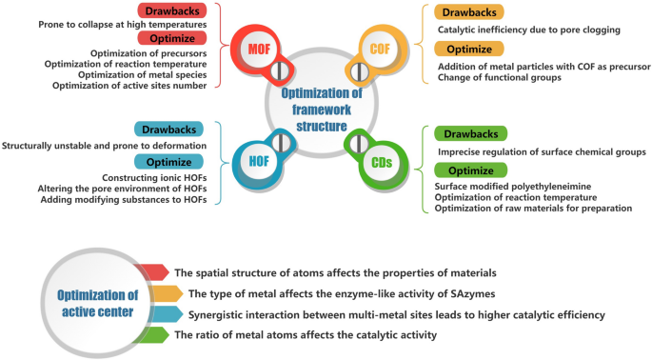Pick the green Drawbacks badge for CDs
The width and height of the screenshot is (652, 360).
click(x=470, y=134)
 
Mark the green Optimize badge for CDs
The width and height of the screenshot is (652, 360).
click(x=470, y=170)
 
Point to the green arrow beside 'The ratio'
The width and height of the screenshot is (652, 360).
click(x=153, y=334)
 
